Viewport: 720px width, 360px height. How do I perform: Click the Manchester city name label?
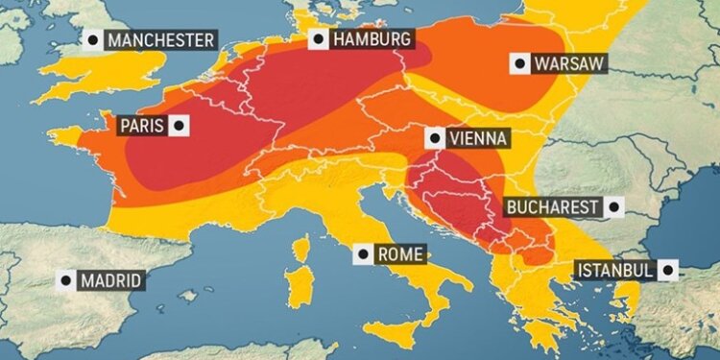pyautogui.click(x=160, y=40)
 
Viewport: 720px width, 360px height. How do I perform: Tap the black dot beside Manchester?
pyautogui.click(x=92, y=40)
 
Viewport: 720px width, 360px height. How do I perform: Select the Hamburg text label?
pyautogui.click(x=372, y=39)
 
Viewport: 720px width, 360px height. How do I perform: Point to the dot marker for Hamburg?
pyautogui.click(x=318, y=39)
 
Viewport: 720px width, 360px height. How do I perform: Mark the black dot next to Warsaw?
pyautogui.click(x=519, y=64)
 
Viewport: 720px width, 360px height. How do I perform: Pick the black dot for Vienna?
pyautogui.click(x=435, y=139)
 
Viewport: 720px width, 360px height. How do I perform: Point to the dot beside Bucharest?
pyautogui.click(x=612, y=206)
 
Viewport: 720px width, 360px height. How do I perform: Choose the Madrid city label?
pyautogui.click(x=110, y=280)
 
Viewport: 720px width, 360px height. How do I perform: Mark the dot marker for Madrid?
pyautogui.click(x=66, y=280)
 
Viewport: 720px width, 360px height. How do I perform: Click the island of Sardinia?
pyautogui.click(x=300, y=287)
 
